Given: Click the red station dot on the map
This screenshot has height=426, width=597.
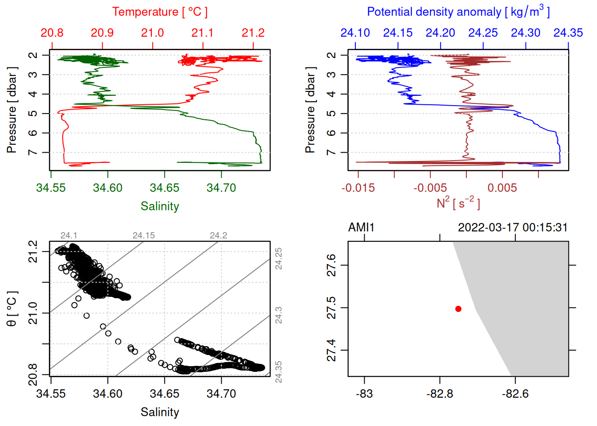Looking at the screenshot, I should click(458, 309).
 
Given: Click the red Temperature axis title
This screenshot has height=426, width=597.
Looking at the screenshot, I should click(159, 12).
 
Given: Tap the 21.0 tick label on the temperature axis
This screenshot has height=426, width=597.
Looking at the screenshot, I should click(152, 33).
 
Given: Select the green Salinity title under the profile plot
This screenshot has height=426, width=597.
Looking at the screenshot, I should click(159, 206).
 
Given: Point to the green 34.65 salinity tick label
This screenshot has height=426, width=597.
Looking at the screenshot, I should click(164, 188).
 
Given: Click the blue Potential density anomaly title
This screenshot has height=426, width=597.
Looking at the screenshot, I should click(458, 12).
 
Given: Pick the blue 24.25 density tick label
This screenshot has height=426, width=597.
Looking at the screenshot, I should click(483, 33).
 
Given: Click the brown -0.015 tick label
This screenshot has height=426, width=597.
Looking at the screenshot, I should click(358, 188).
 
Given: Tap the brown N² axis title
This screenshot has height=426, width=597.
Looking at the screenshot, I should click(458, 203).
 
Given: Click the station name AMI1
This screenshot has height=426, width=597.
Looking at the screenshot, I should click(361, 228).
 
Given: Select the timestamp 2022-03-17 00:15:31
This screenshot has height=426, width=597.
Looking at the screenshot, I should click(513, 228).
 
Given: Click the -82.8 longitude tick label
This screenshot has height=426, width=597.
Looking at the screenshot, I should click(440, 394).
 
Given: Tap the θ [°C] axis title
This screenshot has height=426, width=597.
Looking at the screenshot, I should click(12, 309).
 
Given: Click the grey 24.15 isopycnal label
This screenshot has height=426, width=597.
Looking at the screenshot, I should click(144, 235).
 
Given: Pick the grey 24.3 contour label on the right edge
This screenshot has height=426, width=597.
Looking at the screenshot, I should click(279, 315).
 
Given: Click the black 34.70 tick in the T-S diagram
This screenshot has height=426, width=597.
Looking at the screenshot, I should click(221, 394).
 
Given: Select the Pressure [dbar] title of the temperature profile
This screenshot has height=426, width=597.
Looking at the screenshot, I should click(12, 110).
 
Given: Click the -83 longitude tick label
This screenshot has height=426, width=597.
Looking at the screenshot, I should click(364, 394).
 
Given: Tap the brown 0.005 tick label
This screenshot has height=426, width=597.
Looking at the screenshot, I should click(502, 188).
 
